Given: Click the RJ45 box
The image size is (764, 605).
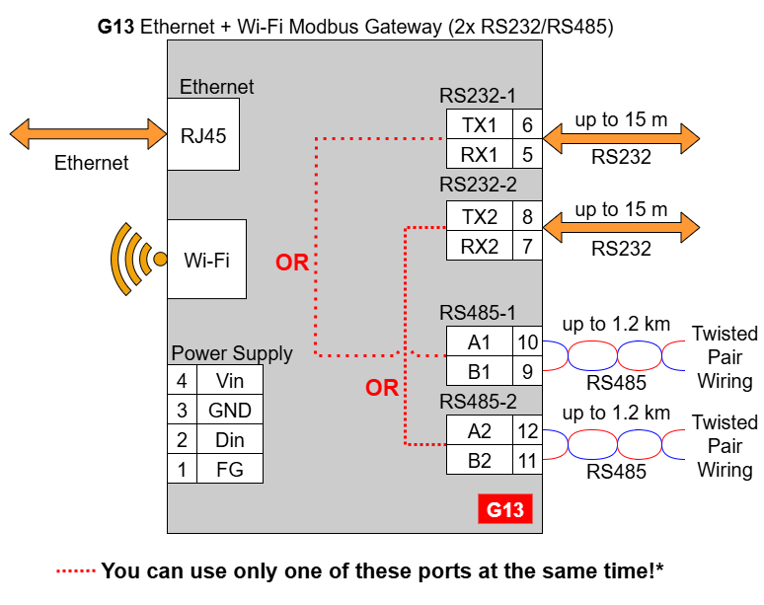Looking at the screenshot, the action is [x=203, y=134].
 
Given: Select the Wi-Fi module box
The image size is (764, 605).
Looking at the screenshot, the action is [x=206, y=259].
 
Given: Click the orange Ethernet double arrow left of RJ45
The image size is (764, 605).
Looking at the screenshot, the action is [x=88, y=134].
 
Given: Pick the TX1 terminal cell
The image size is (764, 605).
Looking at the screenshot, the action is [x=480, y=124].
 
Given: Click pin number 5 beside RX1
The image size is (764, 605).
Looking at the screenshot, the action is [x=527, y=154].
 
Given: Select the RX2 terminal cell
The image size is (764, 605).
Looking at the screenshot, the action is [x=480, y=246].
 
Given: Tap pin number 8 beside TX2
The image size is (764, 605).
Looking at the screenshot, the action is [x=527, y=216].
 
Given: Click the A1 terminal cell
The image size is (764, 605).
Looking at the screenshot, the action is [x=480, y=341].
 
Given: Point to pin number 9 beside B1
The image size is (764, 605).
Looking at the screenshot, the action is [x=527, y=371].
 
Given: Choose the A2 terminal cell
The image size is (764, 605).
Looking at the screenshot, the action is [x=480, y=430].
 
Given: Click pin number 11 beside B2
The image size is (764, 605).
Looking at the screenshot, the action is [x=527, y=460].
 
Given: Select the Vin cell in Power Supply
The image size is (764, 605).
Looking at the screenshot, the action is [x=230, y=380].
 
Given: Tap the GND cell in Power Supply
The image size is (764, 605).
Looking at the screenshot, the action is [x=230, y=410].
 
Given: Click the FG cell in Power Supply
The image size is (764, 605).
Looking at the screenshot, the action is [x=230, y=469].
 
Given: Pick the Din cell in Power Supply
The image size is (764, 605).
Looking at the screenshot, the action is [x=230, y=439].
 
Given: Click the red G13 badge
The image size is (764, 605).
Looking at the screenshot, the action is [x=505, y=509].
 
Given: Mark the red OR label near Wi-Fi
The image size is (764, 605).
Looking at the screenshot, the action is [x=292, y=263].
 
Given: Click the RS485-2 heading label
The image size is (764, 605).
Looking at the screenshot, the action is [x=478, y=402].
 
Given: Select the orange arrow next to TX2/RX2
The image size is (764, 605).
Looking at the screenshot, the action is [x=621, y=227].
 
